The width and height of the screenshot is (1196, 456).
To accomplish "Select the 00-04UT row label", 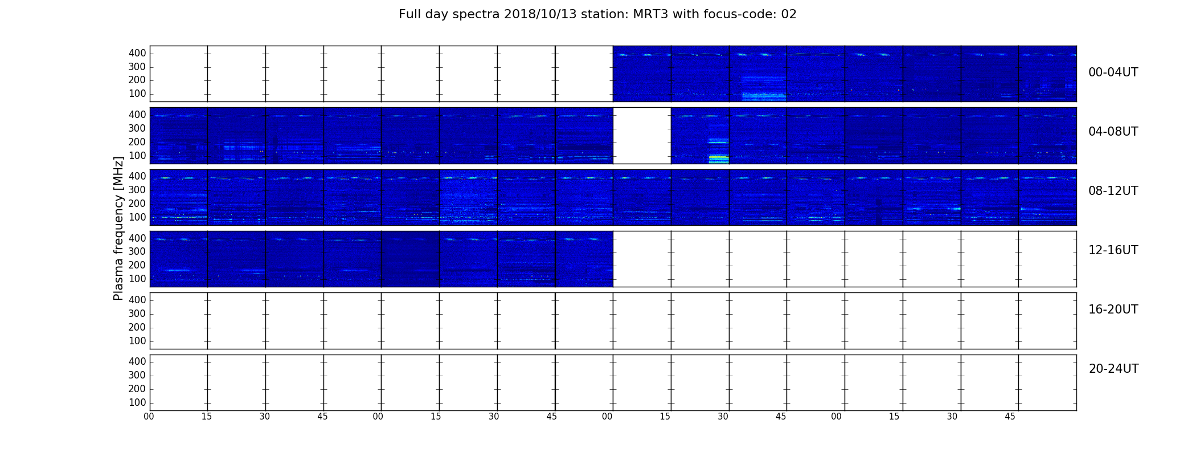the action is [1113, 72].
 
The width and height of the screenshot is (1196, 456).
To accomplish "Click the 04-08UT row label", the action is [1113, 132].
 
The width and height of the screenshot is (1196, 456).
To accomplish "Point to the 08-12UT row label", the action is [1113, 191].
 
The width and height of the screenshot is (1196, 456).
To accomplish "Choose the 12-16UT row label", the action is [1113, 250].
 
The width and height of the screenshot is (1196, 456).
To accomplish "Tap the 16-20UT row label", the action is [1113, 310].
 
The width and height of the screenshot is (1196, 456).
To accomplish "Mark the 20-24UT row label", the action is [1113, 369].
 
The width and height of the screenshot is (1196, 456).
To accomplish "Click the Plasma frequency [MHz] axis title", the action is [118, 228].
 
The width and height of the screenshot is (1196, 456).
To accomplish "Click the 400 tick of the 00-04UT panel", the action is [137, 53].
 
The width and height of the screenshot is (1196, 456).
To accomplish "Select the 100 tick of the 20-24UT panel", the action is [137, 402].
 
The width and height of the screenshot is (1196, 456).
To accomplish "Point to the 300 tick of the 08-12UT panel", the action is [137, 190].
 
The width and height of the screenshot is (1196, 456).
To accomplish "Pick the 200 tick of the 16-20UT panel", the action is [137, 327].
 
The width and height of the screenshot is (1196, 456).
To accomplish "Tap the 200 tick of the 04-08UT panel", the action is [137, 142].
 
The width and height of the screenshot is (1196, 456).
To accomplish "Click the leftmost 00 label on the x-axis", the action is [149, 417].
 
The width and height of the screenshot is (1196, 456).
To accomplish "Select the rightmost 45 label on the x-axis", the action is [1010, 417].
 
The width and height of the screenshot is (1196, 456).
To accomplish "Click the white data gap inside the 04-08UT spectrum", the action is [642, 136].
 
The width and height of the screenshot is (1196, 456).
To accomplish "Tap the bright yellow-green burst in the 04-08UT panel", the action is [719, 158].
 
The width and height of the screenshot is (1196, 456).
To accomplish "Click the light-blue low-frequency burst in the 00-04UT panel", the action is [764, 96].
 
